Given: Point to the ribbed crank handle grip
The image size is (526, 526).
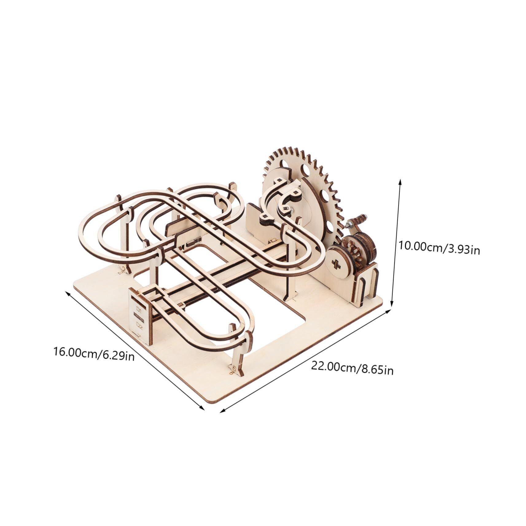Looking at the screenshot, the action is [x=359, y=219].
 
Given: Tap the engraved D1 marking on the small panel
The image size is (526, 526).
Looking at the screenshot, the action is [x=138, y=309].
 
